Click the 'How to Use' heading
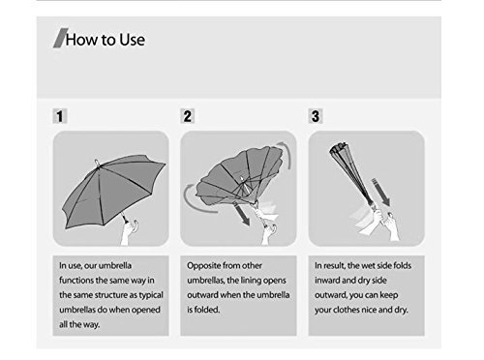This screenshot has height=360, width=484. [x=106, y=40]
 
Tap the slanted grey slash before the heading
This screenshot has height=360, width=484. [x=61, y=38]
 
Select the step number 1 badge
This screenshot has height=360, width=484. [x=60, y=116]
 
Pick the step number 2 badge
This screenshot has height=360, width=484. [x=187, y=116]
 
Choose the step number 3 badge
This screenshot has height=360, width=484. [x=316, y=116]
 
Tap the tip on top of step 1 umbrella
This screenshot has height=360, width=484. [x=97, y=163]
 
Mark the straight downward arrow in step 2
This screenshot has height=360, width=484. [x=242, y=215]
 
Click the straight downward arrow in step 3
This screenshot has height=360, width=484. [x=381, y=192]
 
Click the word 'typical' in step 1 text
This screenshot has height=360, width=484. [x=151, y=295]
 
